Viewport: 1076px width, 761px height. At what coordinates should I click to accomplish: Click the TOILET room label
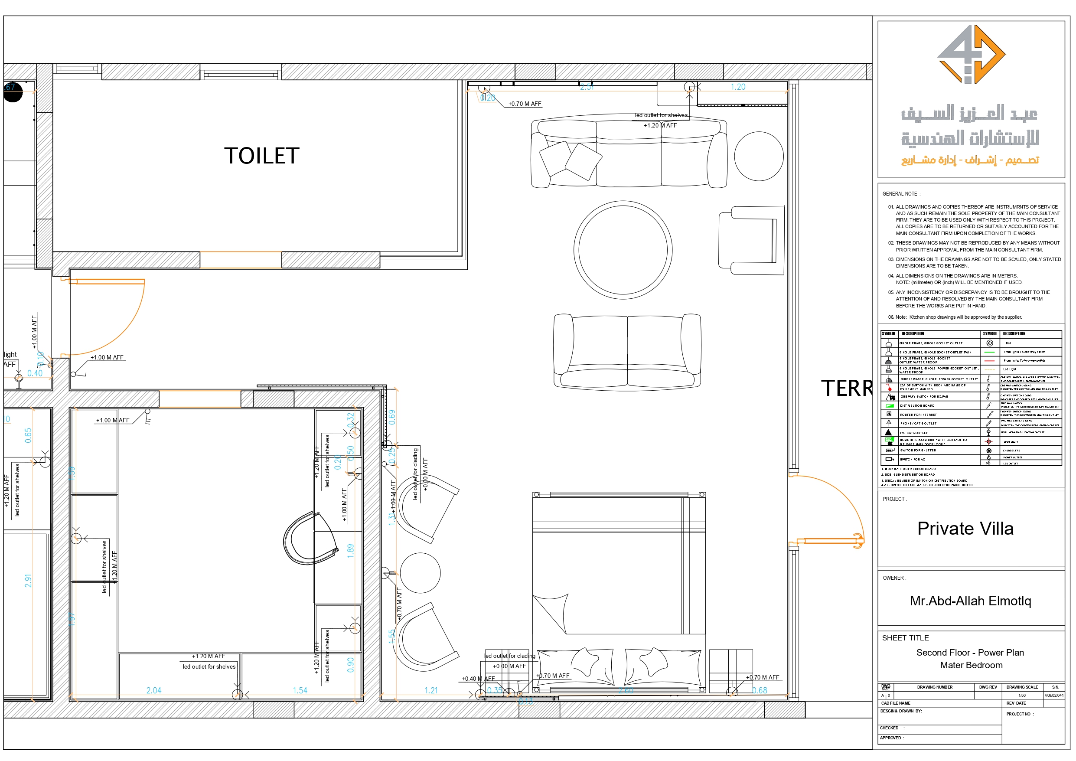[261, 156]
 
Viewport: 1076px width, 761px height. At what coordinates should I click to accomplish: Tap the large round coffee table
[623, 250]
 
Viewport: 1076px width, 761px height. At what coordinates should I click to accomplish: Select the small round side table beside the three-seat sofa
[759, 156]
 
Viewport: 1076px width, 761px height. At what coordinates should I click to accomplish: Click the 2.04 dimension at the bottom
[154, 690]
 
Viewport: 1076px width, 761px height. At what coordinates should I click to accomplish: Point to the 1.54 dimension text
[300, 690]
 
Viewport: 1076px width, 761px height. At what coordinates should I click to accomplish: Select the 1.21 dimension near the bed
[430, 690]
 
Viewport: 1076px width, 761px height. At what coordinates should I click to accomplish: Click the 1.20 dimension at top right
[738, 87]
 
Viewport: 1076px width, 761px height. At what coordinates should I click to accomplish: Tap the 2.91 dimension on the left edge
[29, 581]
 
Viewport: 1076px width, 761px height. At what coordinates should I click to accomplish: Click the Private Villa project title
[965, 529]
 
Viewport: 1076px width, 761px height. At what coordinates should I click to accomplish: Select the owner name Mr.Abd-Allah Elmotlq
[970, 601]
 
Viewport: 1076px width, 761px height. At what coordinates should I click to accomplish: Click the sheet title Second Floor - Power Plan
[970, 652]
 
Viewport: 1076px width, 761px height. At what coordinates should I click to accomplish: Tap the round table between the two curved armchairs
[421, 573]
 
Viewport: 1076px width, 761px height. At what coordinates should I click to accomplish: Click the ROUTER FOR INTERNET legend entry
[918, 415]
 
